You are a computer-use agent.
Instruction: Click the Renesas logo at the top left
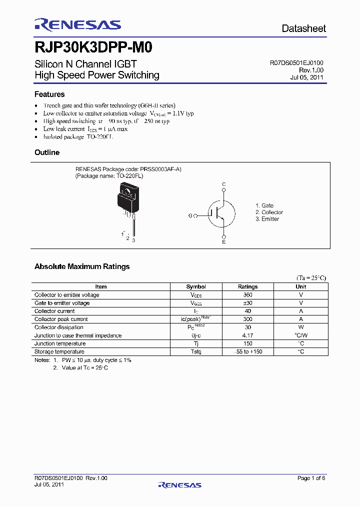point(77,25)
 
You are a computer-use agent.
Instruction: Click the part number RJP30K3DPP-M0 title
point(93,48)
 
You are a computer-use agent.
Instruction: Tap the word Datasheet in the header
point(303,28)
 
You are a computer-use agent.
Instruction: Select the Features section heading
point(49,94)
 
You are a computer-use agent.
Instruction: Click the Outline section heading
point(47,152)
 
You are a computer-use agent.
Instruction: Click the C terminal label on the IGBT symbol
point(224,184)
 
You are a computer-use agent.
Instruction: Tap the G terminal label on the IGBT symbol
point(190,215)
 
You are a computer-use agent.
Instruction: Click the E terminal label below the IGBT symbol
point(223,242)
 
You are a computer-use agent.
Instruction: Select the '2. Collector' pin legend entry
point(269,212)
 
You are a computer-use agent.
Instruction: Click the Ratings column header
point(247,287)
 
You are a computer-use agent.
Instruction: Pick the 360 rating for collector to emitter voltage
point(247,295)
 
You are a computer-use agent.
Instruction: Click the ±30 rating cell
point(247,303)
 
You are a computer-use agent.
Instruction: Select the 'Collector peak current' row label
point(61,319)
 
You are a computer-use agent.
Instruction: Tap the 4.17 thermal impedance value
point(247,335)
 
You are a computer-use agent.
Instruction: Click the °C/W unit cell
point(301,335)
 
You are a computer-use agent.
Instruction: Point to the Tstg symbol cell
point(195,351)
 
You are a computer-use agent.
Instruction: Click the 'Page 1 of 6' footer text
point(311,478)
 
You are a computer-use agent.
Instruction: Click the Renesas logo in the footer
point(179,485)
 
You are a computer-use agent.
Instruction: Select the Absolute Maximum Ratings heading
point(82,266)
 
